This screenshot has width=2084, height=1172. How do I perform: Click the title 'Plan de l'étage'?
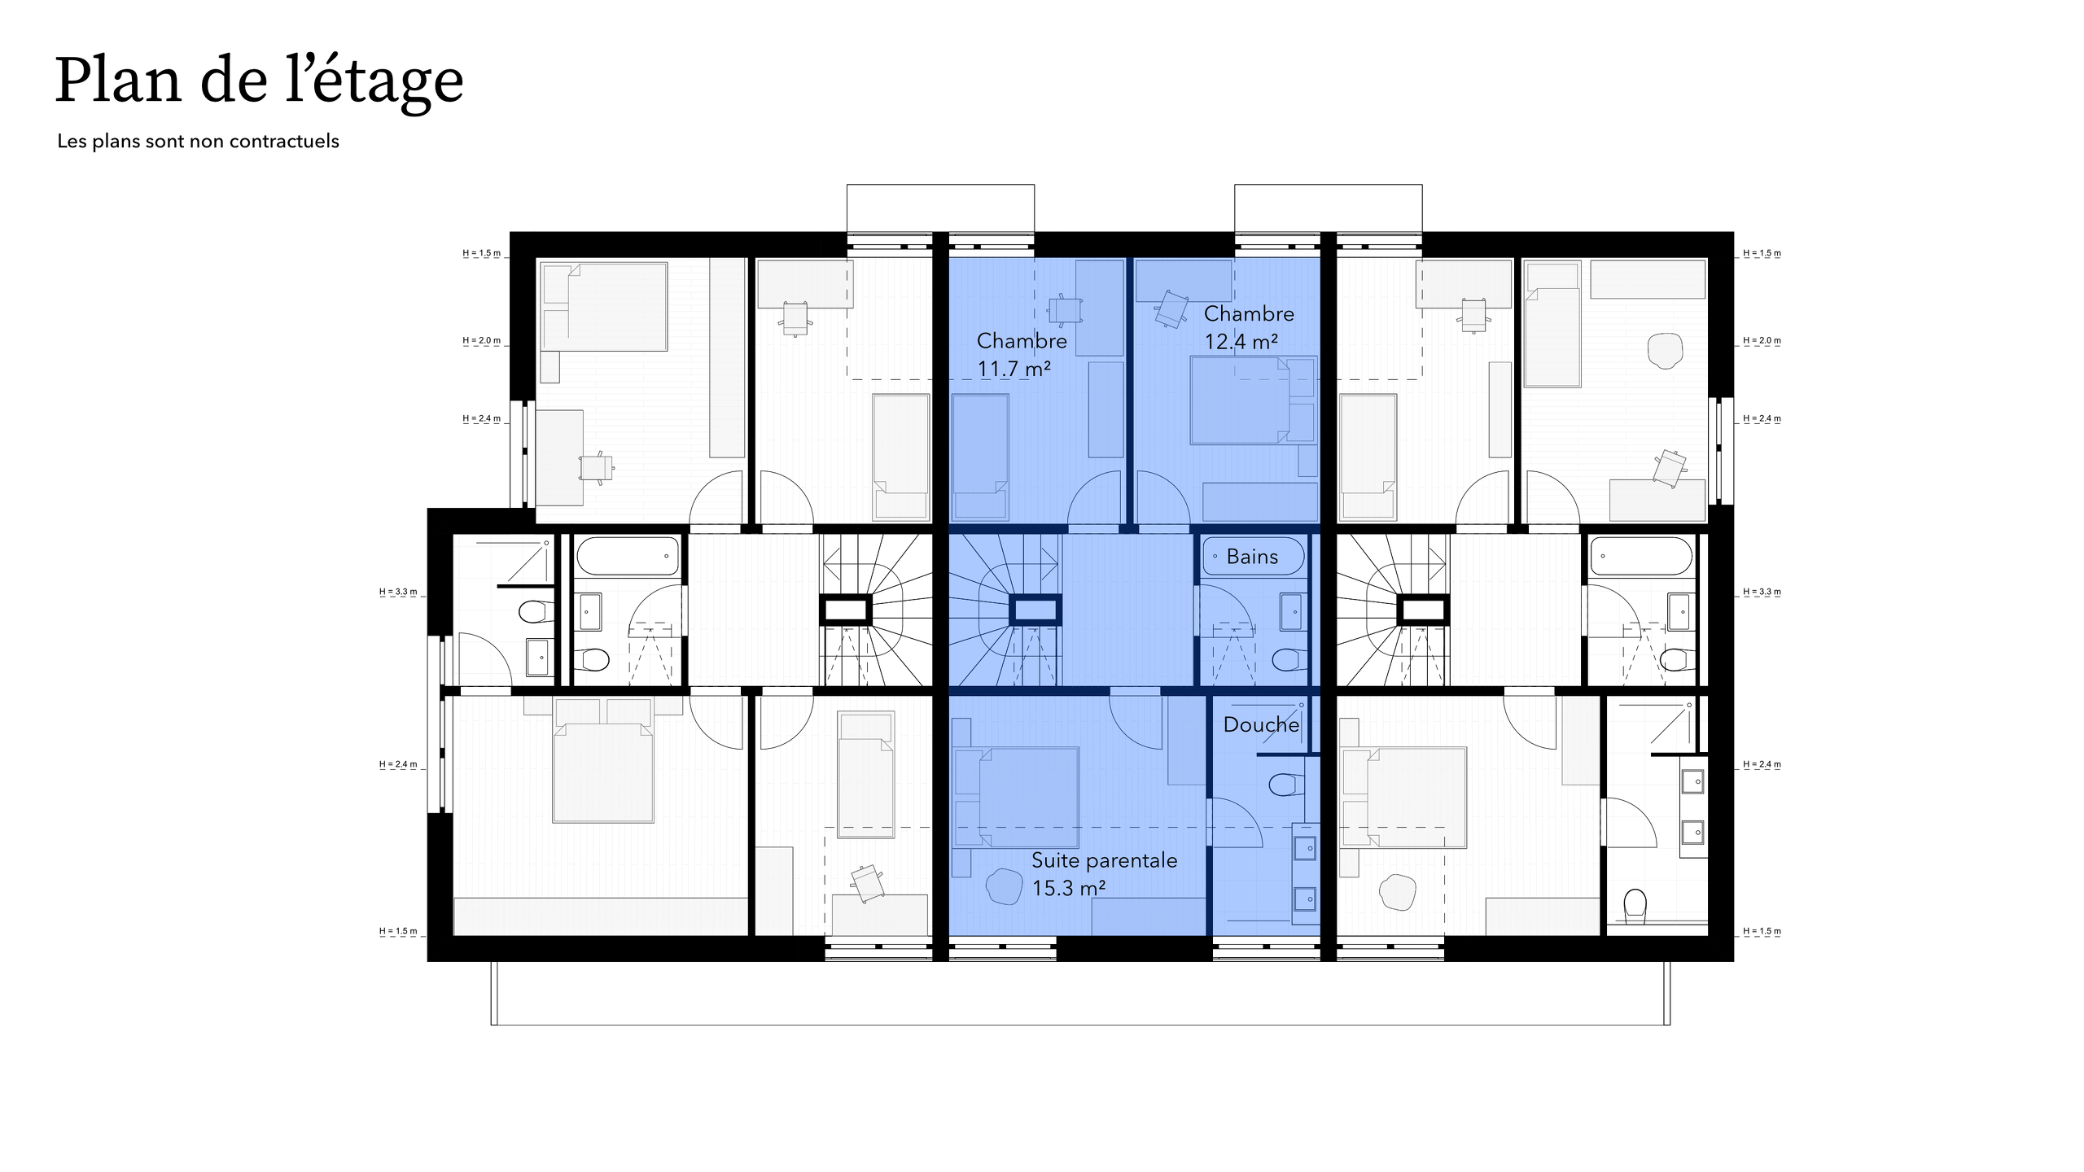pyautogui.click(x=259, y=81)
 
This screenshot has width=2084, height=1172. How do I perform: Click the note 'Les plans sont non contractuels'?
pyautogui.click(x=198, y=142)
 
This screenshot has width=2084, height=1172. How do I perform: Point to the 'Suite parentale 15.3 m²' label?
pyautogui.click(x=1103, y=874)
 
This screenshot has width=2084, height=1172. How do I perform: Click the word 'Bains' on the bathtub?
pyautogui.click(x=1252, y=557)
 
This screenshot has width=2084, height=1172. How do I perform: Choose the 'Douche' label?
pyautogui.click(x=1260, y=724)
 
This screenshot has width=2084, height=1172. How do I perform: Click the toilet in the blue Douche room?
pyautogui.click(x=1283, y=785)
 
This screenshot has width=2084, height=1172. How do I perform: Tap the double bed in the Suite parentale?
pyautogui.click(x=1027, y=798)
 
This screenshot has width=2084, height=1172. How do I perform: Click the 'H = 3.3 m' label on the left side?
pyautogui.click(x=398, y=592)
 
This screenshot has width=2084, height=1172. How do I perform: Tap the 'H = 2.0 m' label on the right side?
pyautogui.click(x=1762, y=340)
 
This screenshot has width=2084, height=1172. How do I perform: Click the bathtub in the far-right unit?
pyautogui.click(x=1641, y=557)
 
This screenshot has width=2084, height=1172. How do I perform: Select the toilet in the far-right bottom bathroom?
pyautogui.click(x=1635, y=905)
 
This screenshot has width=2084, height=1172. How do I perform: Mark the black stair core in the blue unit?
pyautogui.click(x=1035, y=610)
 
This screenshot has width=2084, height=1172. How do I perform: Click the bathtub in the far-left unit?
pyautogui.click(x=628, y=557)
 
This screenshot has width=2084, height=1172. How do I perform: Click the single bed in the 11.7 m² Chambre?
pyautogui.click(x=980, y=456)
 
